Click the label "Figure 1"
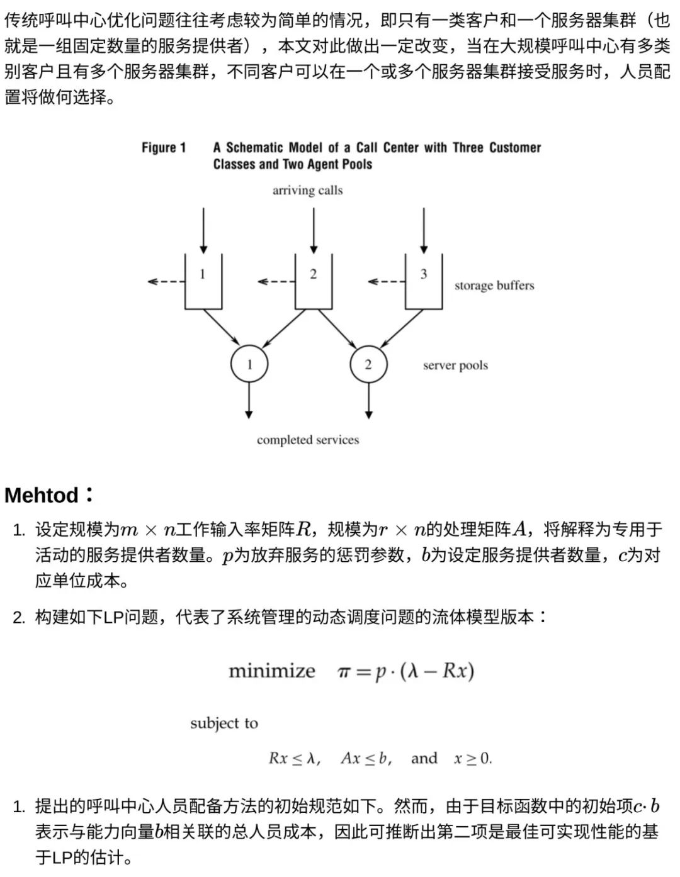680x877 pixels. click(x=164, y=148)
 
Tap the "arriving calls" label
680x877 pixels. click(x=307, y=190)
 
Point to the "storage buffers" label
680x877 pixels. click(x=494, y=286)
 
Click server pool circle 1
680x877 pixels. click(x=249, y=364)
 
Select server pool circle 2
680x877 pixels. click(x=368, y=364)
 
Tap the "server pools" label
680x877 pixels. click(x=455, y=366)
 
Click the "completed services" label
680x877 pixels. click(x=308, y=440)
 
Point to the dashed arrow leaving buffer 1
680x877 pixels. click(x=166, y=281)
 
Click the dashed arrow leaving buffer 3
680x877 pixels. click(x=386, y=281)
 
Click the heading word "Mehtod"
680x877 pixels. click(x=42, y=495)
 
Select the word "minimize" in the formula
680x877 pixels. click(x=271, y=671)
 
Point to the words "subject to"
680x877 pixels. click(x=224, y=723)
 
